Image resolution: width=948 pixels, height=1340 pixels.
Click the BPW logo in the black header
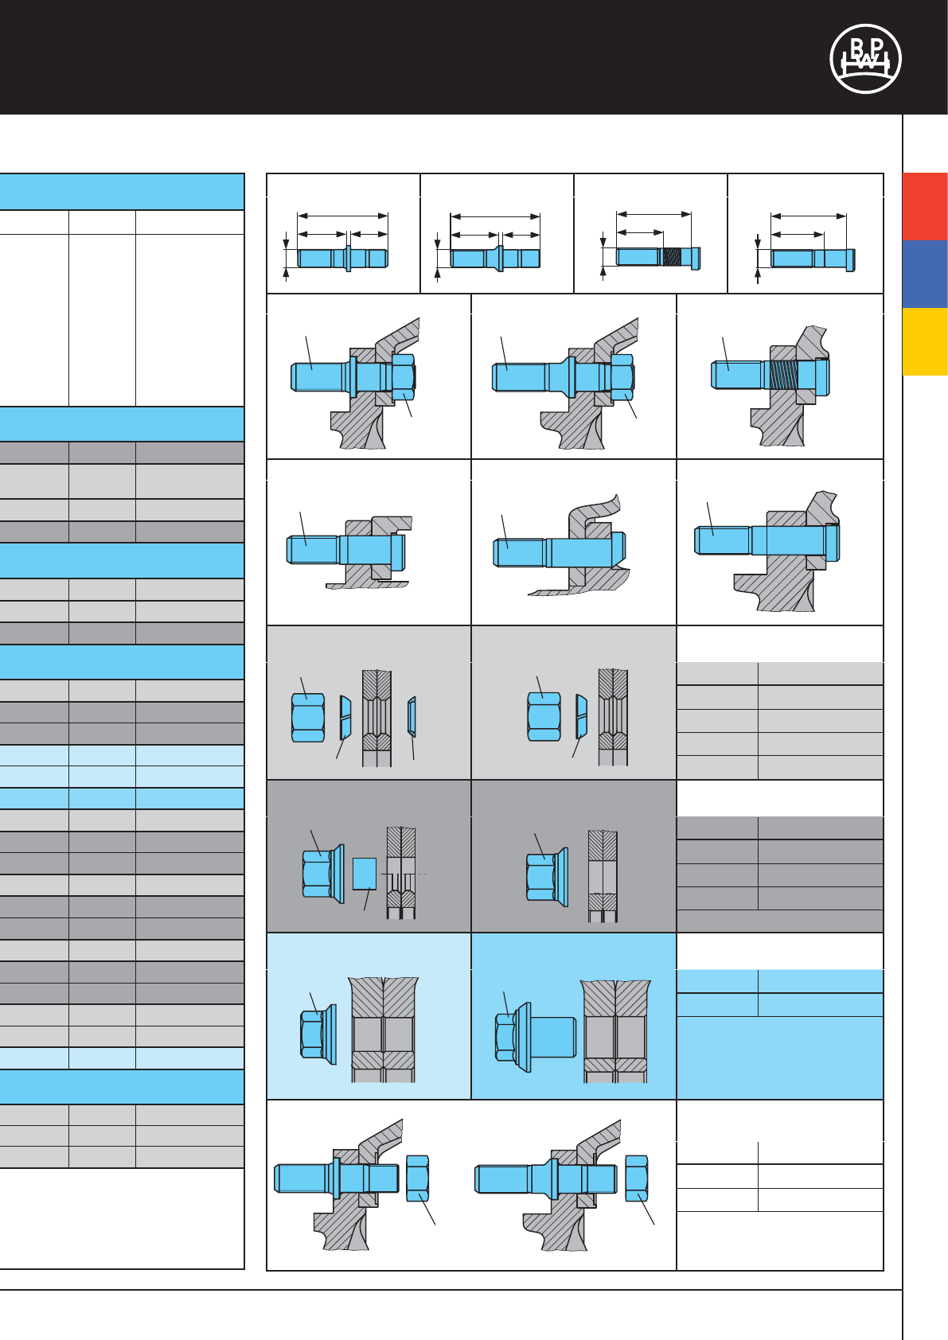pyautogui.click(x=865, y=59)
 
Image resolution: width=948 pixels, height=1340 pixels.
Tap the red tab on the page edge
pyautogui.click(x=925, y=206)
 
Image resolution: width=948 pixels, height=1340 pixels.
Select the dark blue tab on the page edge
pyautogui.click(x=925, y=274)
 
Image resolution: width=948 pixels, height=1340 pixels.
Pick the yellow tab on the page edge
pyautogui.click(x=925, y=341)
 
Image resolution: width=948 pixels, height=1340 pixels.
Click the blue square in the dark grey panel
pyautogui.click(x=364, y=873)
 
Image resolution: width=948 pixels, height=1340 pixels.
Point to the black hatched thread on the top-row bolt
pyautogui.click(x=673, y=257)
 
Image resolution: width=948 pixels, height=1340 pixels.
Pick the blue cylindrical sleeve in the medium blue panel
pyautogui.click(x=553, y=1037)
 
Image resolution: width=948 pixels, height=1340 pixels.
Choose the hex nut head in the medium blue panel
pyautogui.click(x=505, y=1037)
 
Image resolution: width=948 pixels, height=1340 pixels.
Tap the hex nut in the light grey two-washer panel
pyautogui.click(x=308, y=718)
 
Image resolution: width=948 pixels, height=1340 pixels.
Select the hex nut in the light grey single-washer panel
pyautogui.click(x=544, y=717)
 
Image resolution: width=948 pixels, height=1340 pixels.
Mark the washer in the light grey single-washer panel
pyautogui.click(x=581, y=716)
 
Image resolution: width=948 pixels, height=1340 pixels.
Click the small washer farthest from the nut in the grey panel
pyautogui.click(x=412, y=716)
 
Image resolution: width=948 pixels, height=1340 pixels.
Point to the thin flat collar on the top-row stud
pyautogui.click(x=348, y=258)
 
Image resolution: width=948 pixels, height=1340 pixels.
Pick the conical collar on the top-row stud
pyautogui.click(x=497, y=258)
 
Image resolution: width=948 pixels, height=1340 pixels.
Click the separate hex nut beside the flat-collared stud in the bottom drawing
pyautogui.click(x=418, y=1178)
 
